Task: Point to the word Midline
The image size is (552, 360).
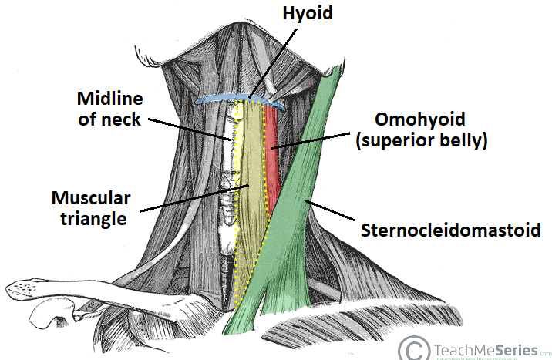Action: pos(109,99)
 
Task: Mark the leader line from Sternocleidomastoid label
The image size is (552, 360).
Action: pos(332,214)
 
